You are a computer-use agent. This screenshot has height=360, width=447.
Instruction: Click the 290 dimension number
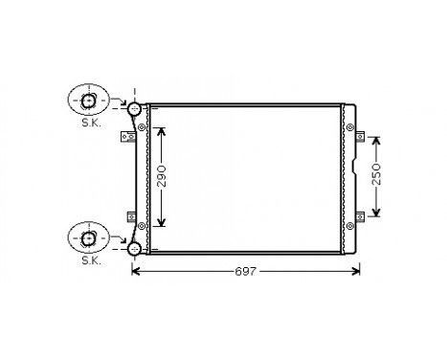(163, 178)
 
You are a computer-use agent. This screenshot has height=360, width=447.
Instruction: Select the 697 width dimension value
(245, 273)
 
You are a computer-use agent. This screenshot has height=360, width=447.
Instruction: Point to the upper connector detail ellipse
(89, 101)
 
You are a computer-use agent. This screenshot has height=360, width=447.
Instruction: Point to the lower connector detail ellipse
(89, 236)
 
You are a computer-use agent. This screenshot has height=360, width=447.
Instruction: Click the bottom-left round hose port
(134, 249)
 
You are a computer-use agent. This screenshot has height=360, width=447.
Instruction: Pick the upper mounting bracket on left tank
(124, 139)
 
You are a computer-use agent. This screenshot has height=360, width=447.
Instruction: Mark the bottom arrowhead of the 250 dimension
(377, 214)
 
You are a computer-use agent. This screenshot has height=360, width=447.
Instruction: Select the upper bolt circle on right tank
(349, 125)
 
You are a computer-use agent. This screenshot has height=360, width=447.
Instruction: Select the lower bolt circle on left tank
(143, 225)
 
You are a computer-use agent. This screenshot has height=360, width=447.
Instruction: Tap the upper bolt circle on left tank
(143, 127)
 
